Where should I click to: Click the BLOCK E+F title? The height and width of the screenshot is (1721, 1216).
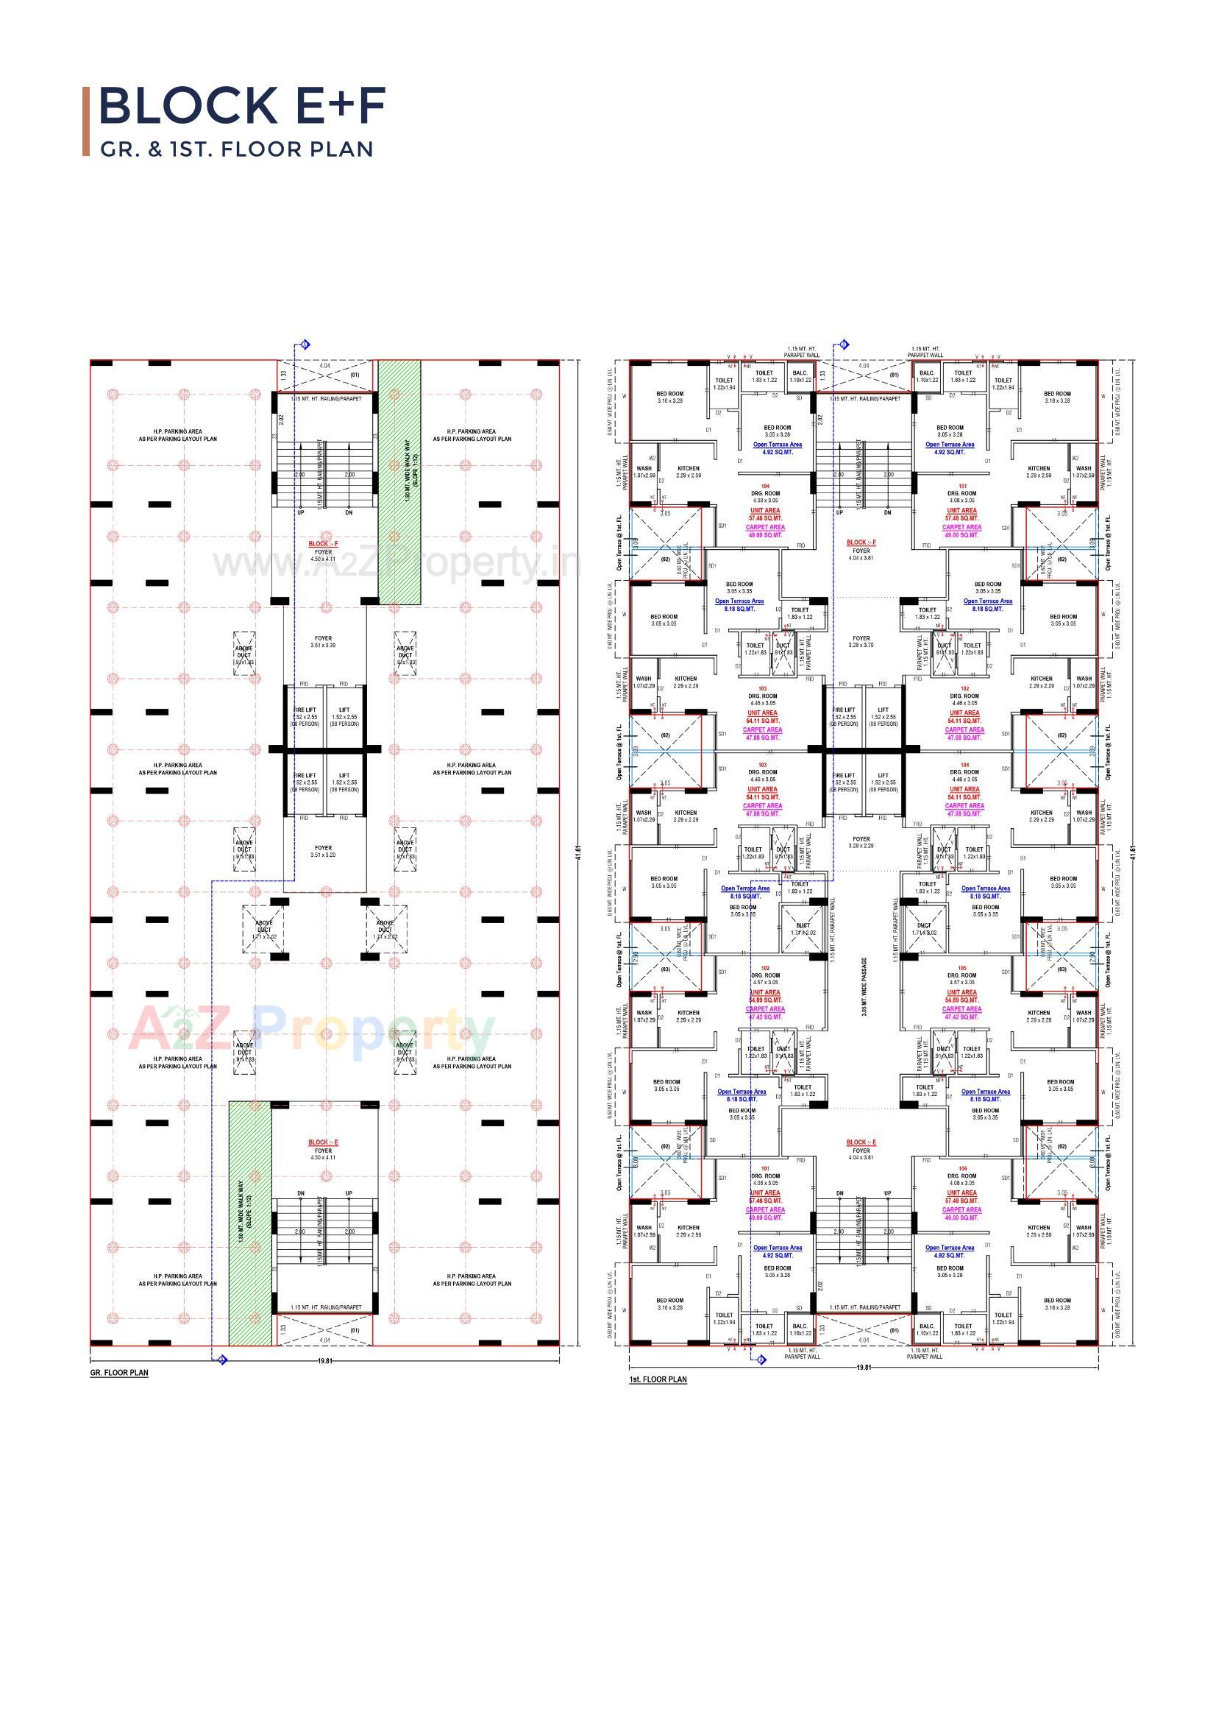click(x=242, y=106)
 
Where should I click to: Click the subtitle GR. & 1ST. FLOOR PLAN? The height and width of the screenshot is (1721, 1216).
click(x=237, y=149)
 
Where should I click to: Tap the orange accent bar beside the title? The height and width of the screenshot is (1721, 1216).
click(x=86, y=121)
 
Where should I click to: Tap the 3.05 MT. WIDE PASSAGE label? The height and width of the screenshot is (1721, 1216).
click(x=864, y=986)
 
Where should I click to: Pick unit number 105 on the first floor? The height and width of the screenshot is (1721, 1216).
click(x=963, y=968)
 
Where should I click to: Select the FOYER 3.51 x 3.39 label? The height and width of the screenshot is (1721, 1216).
click(x=324, y=642)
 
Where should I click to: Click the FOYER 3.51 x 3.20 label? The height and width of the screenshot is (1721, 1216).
click(x=324, y=851)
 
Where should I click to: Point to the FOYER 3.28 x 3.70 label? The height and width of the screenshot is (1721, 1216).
click(x=861, y=642)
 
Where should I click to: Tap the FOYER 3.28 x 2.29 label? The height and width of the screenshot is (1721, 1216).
click(x=861, y=843)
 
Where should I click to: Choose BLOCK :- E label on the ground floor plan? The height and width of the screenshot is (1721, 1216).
click(x=324, y=1142)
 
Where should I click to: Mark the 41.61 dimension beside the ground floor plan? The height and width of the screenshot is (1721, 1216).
click(x=577, y=853)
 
